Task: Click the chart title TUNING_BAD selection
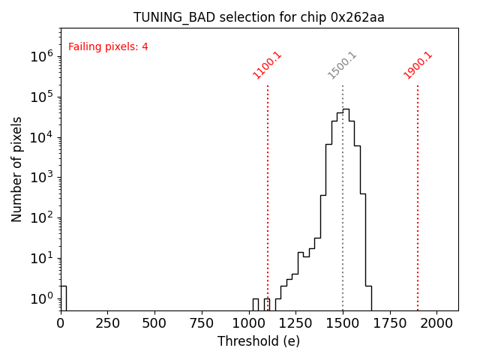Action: coord(259,17)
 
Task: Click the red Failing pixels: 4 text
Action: coord(108,47)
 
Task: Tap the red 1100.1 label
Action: coord(267,65)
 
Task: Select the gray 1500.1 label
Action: coord(342,65)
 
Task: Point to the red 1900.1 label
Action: coord(418,65)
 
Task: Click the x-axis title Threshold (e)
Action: coord(259,341)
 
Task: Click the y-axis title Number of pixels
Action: coord(17,169)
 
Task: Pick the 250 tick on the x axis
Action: coord(107,323)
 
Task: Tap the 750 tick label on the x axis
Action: coord(202,323)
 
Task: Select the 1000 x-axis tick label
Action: coord(248,323)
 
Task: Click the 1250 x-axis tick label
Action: coord(295,323)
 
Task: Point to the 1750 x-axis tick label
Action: coord(390,323)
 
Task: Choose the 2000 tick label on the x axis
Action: coord(436,323)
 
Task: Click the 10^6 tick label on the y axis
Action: coord(40,56)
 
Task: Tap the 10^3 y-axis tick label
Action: coord(40,178)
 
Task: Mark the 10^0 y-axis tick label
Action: coord(40,299)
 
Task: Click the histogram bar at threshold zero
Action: coord(63,298)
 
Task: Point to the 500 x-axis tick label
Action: coord(154,323)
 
